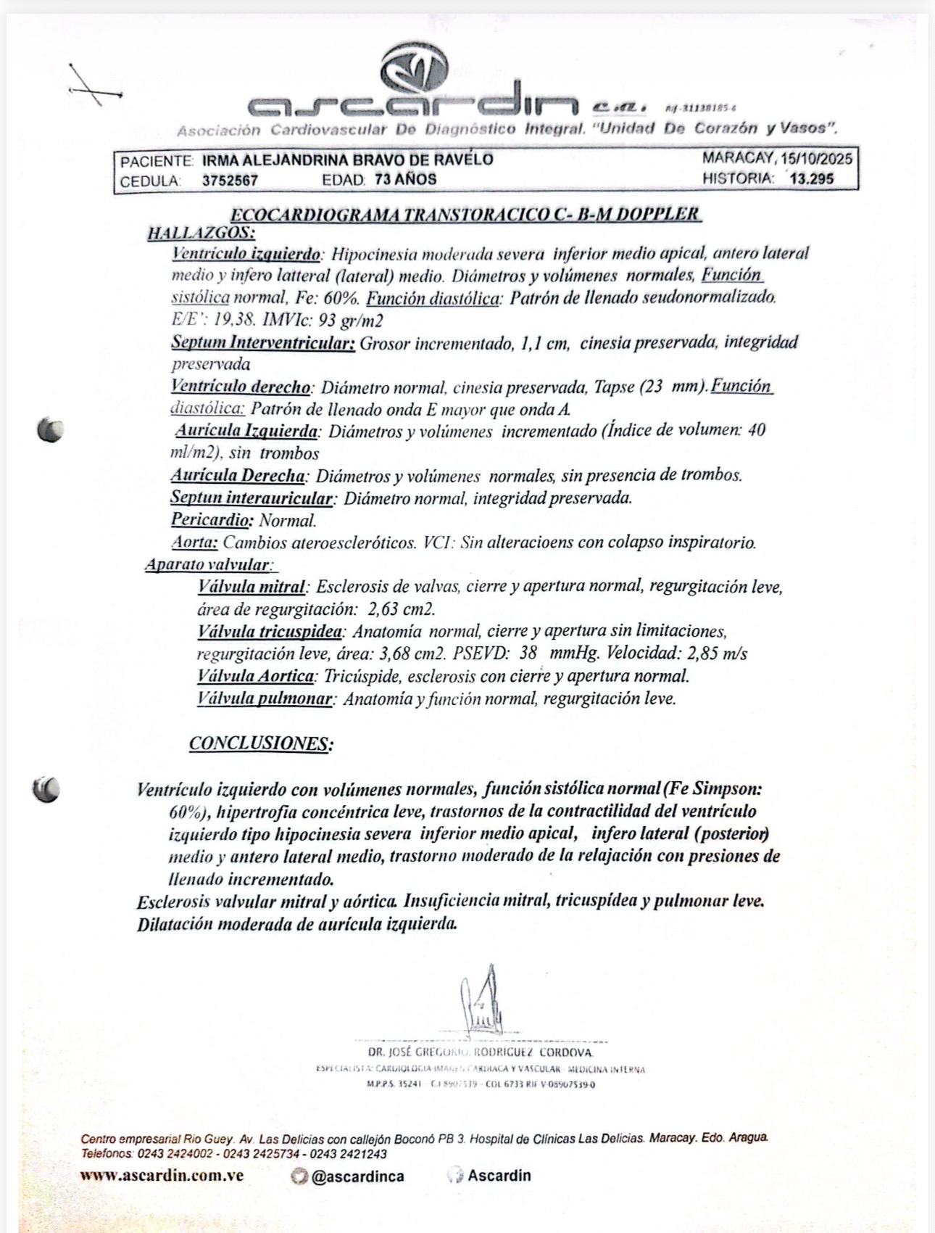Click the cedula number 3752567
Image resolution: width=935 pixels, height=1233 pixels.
[230, 181]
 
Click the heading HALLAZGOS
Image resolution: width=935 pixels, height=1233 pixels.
[201, 233]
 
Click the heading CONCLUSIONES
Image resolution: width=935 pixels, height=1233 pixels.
[261, 743]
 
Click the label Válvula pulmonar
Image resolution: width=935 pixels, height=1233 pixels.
[265, 699]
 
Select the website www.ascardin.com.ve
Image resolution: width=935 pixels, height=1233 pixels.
[162, 1176]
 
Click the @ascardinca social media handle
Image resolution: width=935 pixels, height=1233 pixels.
[357, 1176]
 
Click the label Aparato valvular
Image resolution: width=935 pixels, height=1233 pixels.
[208, 564]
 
